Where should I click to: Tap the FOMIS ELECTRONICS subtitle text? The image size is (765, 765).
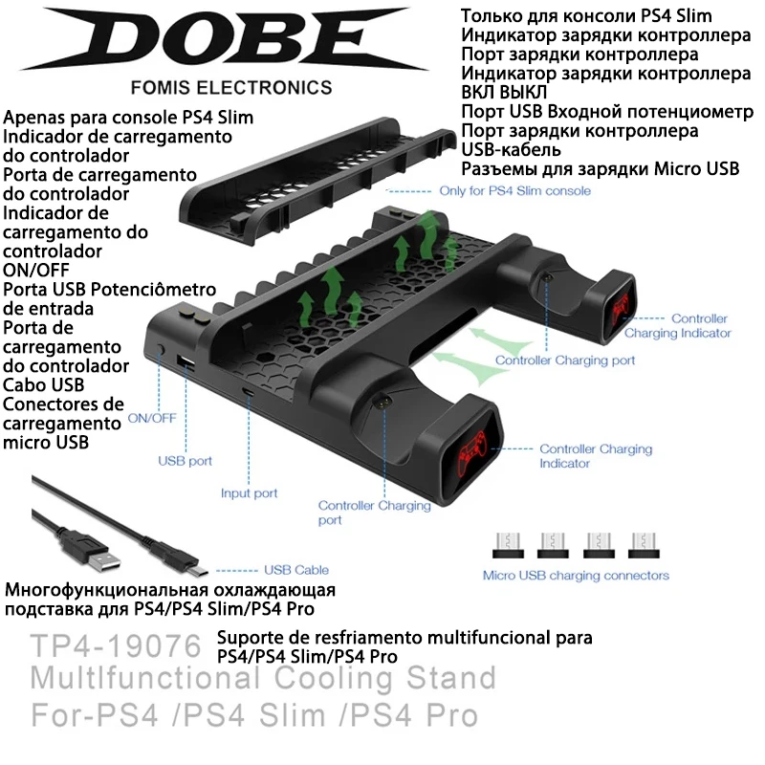230,87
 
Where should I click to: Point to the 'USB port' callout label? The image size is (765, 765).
185,461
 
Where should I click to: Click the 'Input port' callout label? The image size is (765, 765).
249,493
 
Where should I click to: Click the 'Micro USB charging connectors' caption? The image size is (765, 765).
576,576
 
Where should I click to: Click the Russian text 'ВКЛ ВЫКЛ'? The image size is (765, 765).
504,92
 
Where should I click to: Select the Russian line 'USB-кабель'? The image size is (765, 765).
511,150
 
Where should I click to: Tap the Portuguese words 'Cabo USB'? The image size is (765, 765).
44,384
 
